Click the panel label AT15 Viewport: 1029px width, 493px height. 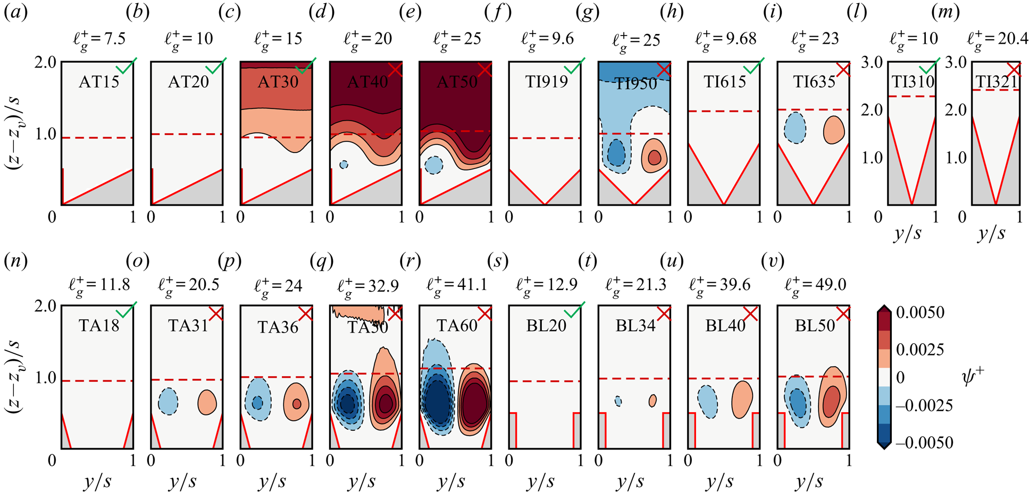[x=99, y=82]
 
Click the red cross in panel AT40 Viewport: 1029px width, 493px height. [x=395, y=70]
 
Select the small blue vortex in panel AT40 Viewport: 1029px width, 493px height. [x=344, y=165]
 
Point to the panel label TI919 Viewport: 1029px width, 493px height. [x=546, y=82]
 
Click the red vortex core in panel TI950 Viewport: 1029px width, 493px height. [x=655, y=157]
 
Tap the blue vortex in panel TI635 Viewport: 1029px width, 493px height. [x=795, y=127]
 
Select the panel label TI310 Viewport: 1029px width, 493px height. [x=913, y=82]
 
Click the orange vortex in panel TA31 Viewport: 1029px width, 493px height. [x=207, y=402]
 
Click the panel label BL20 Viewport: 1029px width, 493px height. [x=546, y=326]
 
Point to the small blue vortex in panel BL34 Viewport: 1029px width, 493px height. [x=618, y=401]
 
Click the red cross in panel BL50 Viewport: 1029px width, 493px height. [x=843, y=314]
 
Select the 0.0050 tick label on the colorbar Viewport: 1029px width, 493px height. [x=920, y=312]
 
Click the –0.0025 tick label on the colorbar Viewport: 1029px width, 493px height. [x=924, y=405]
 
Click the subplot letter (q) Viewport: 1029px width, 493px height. [x=321, y=261]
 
